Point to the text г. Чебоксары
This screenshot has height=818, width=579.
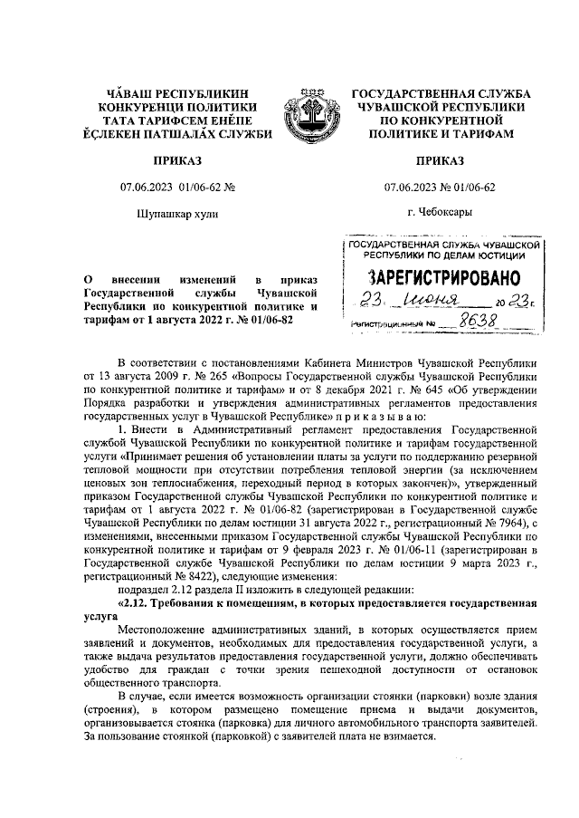pos(439,214)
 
